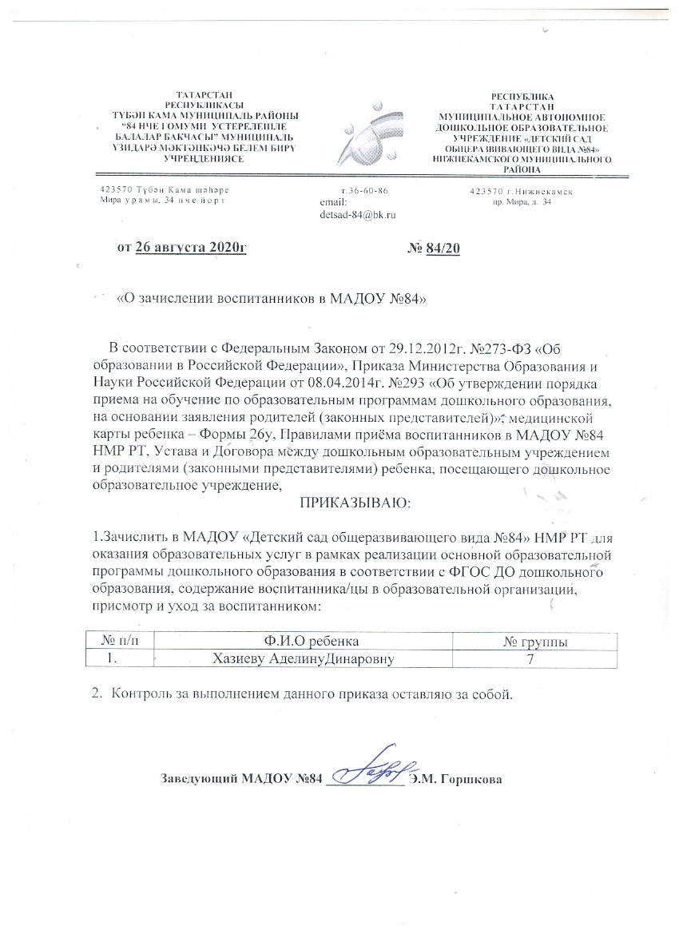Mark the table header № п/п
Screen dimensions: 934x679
pyautogui.click(x=117, y=642)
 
